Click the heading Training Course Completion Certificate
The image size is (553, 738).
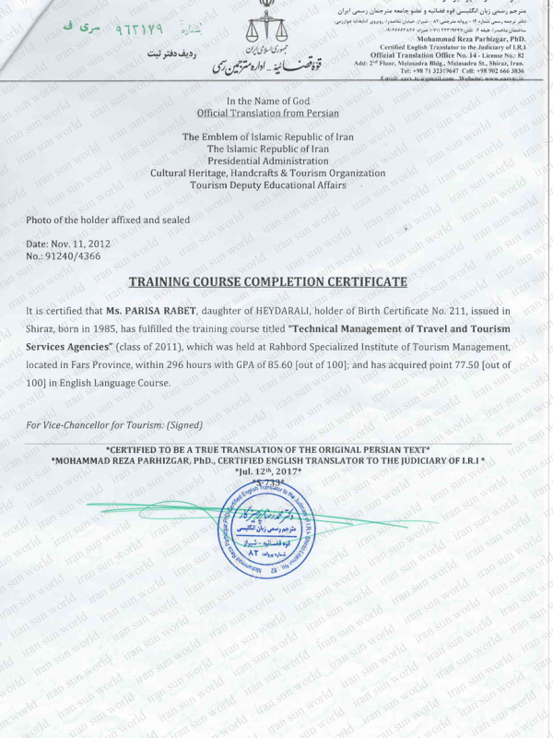pyautogui.click(x=267, y=280)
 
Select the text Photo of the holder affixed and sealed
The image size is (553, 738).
pyautogui.click(x=109, y=220)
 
